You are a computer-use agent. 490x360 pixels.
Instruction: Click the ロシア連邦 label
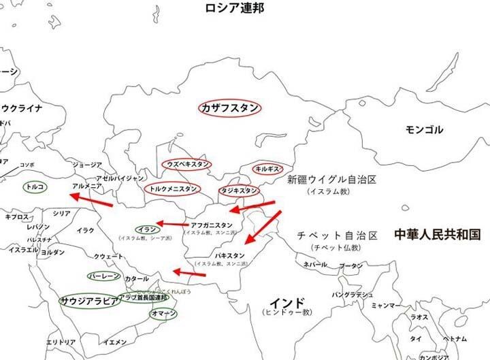[235, 9]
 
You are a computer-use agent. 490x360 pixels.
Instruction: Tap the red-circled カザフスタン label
[230, 108]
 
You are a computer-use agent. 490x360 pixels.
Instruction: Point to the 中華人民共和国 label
[437, 235]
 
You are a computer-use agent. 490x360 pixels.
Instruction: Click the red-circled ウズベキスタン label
[186, 165]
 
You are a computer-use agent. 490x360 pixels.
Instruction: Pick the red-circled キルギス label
[266, 168]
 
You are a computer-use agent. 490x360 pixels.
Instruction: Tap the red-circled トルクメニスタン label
[174, 189]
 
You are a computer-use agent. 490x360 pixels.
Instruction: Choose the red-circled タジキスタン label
[239, 191]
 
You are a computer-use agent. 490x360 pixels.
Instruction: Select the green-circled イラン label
[147, 229]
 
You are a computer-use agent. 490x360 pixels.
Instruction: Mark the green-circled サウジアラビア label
[90, 299]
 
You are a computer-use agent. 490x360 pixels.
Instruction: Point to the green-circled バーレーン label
[104, 276]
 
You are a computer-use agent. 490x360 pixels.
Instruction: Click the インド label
[287, 301]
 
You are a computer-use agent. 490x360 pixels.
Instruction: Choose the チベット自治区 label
[337, 235]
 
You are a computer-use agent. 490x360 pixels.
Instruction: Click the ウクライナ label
[22, 108]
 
